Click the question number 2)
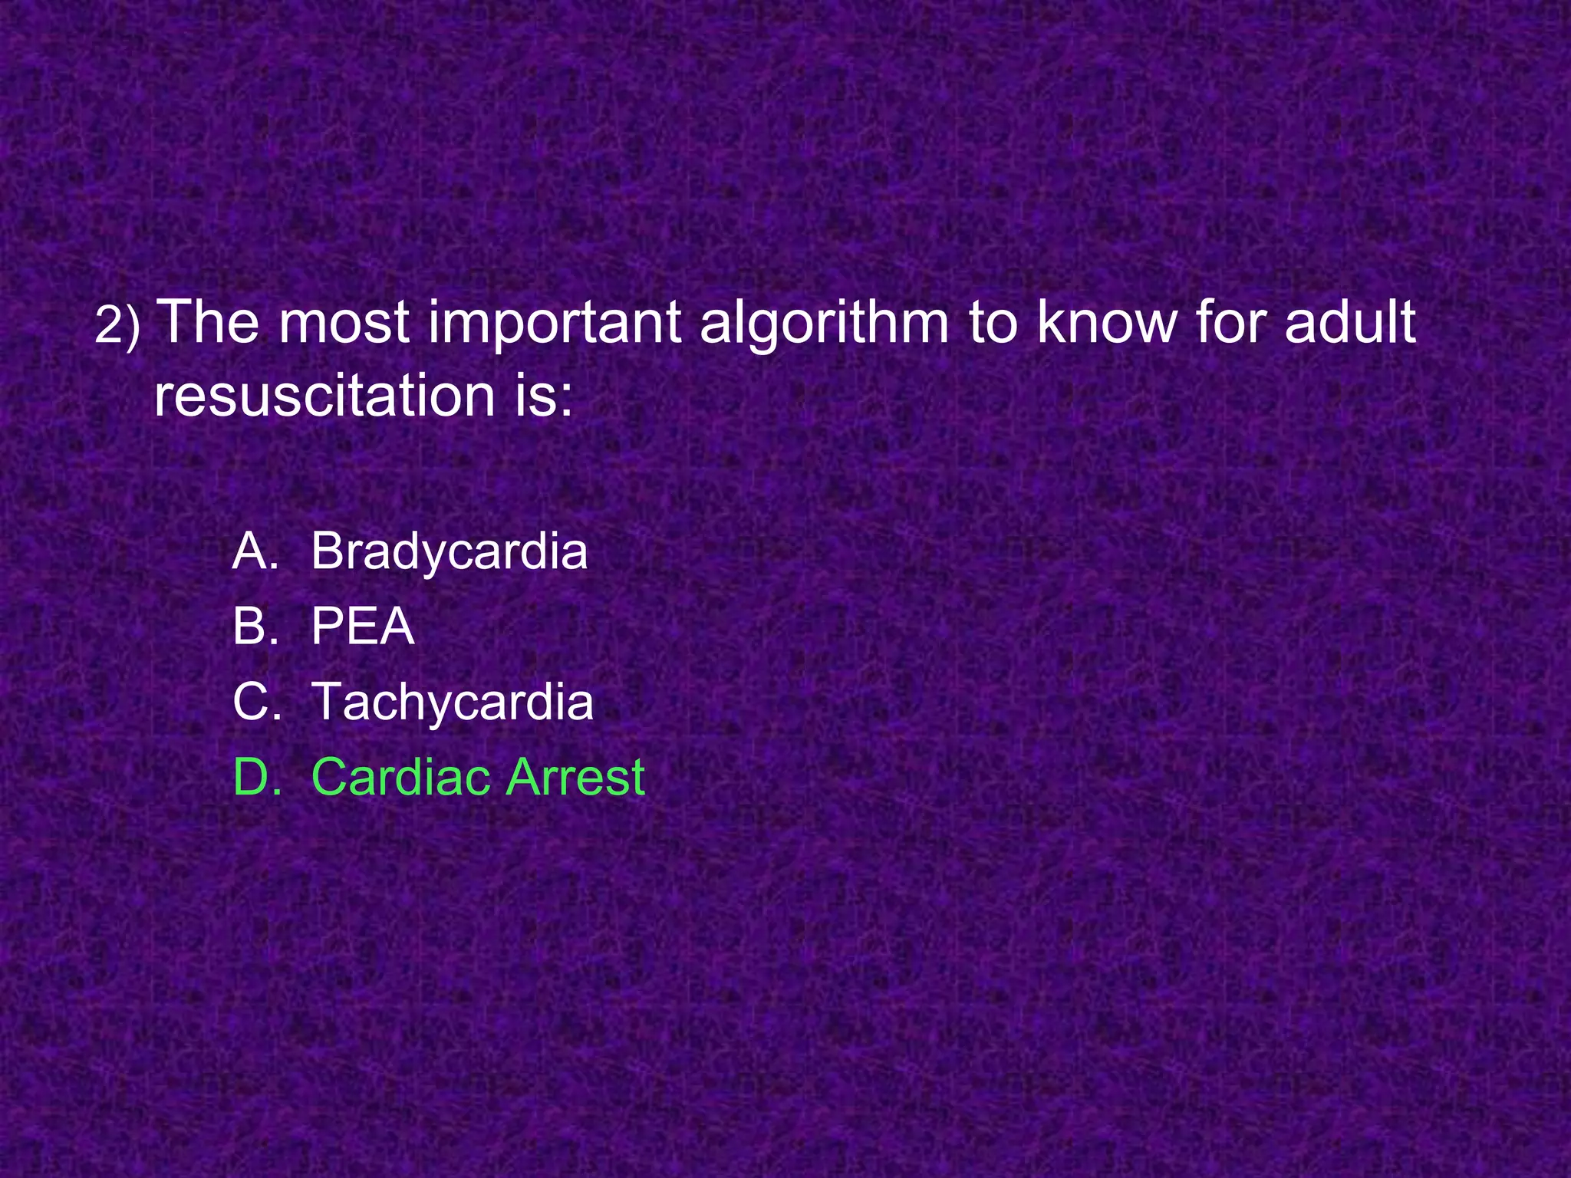117,326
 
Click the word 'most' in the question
343,322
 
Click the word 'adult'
1350,322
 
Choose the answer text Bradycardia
449,551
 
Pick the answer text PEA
362,627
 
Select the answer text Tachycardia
452,702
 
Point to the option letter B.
255,627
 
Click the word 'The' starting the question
207,322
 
